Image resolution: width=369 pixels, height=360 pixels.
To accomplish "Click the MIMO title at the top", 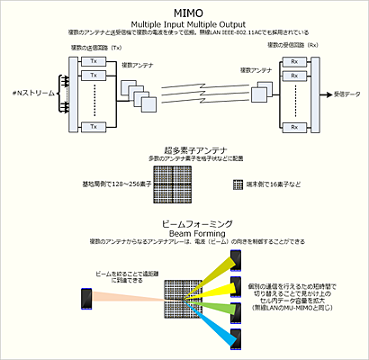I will click(x=184, y=12).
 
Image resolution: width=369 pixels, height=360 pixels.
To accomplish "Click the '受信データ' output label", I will click(x=345, y=94).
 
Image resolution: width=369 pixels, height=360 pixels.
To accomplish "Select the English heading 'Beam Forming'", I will click(x=184, y=232).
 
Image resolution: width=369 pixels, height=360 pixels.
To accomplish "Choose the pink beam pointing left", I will click(x=126, y=296).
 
